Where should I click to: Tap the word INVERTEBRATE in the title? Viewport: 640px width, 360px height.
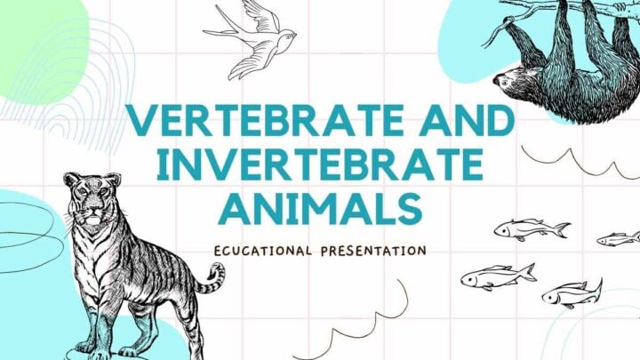(320, 165)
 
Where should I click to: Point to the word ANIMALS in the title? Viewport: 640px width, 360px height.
(320, 210)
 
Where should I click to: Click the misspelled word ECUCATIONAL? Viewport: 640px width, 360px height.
(263, 251)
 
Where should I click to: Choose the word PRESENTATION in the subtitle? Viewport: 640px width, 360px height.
(374, 251)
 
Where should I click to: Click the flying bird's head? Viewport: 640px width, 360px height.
(289, 36)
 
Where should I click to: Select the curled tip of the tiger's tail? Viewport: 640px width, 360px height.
(216, 272)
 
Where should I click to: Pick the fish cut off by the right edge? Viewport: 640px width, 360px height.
(620, 239)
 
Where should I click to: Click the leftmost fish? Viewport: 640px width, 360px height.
(498, 276)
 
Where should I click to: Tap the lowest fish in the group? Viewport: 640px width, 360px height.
(572, 294)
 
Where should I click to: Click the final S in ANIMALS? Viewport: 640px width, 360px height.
(410, 210)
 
